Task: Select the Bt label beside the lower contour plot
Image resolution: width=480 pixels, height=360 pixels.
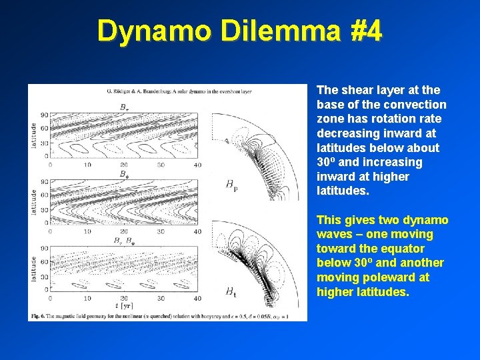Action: (230, 291)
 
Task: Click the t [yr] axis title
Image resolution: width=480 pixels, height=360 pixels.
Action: (123, 304)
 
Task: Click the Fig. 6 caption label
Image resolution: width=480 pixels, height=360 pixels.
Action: (38, 314)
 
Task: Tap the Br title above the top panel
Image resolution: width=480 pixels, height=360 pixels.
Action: (124, 106)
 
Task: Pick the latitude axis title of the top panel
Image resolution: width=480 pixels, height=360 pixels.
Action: (33, 135)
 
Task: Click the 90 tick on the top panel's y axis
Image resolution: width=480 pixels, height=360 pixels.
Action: (45, 115)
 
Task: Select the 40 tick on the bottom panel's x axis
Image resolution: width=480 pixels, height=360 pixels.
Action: (197, 298)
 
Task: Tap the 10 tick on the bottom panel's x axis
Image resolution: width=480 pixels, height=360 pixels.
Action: (86, 298)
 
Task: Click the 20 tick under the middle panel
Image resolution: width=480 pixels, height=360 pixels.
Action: (123, 231)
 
